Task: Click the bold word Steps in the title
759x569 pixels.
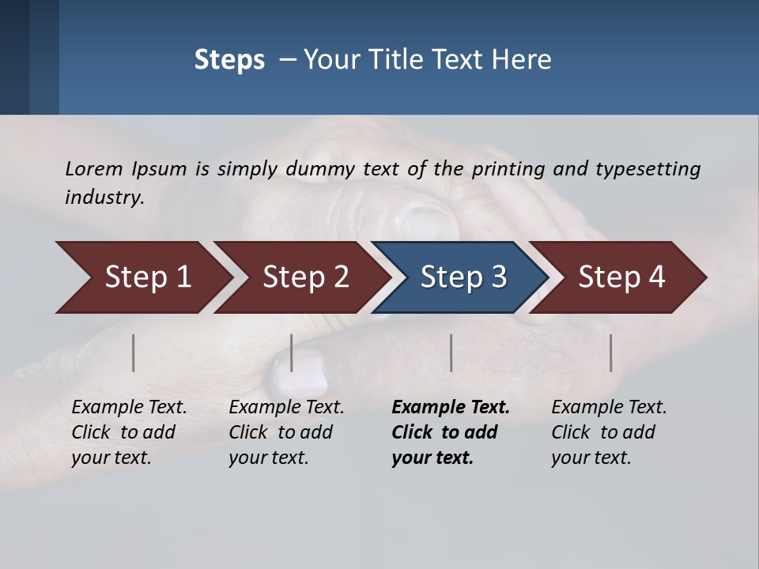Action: click(229, 60)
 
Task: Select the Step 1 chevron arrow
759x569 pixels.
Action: click(142, 277)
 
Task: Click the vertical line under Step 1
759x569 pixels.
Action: click(134, 352)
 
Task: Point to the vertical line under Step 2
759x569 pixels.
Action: click(292, 352)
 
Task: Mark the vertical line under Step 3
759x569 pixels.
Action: click(451, 352)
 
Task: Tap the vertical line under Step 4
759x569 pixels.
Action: click(610, 352)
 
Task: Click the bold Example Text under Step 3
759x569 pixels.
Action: click(451, 408)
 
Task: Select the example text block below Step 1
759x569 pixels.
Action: click(129, 432)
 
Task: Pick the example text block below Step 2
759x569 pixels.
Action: click(286, 432)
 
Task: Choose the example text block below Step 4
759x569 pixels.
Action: click(609, 432)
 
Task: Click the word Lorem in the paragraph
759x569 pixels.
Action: click(94, 168)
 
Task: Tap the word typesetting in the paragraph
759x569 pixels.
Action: click(648, 168)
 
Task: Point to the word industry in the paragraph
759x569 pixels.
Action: click(104, 197)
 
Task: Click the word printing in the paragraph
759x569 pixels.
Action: click(509, 168)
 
